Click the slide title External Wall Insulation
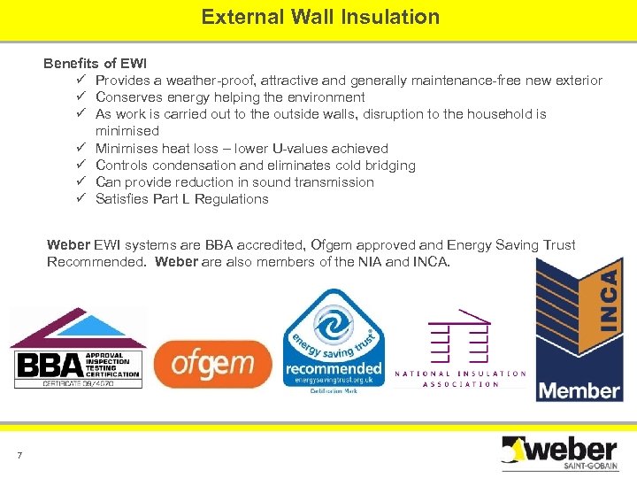pos(319,17)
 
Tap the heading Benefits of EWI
pos(96,64)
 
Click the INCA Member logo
pos(579,331)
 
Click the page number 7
pos(19,456)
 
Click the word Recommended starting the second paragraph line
pos(97,262)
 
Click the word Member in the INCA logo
pos(579,389)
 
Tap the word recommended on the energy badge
pos(334,367)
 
